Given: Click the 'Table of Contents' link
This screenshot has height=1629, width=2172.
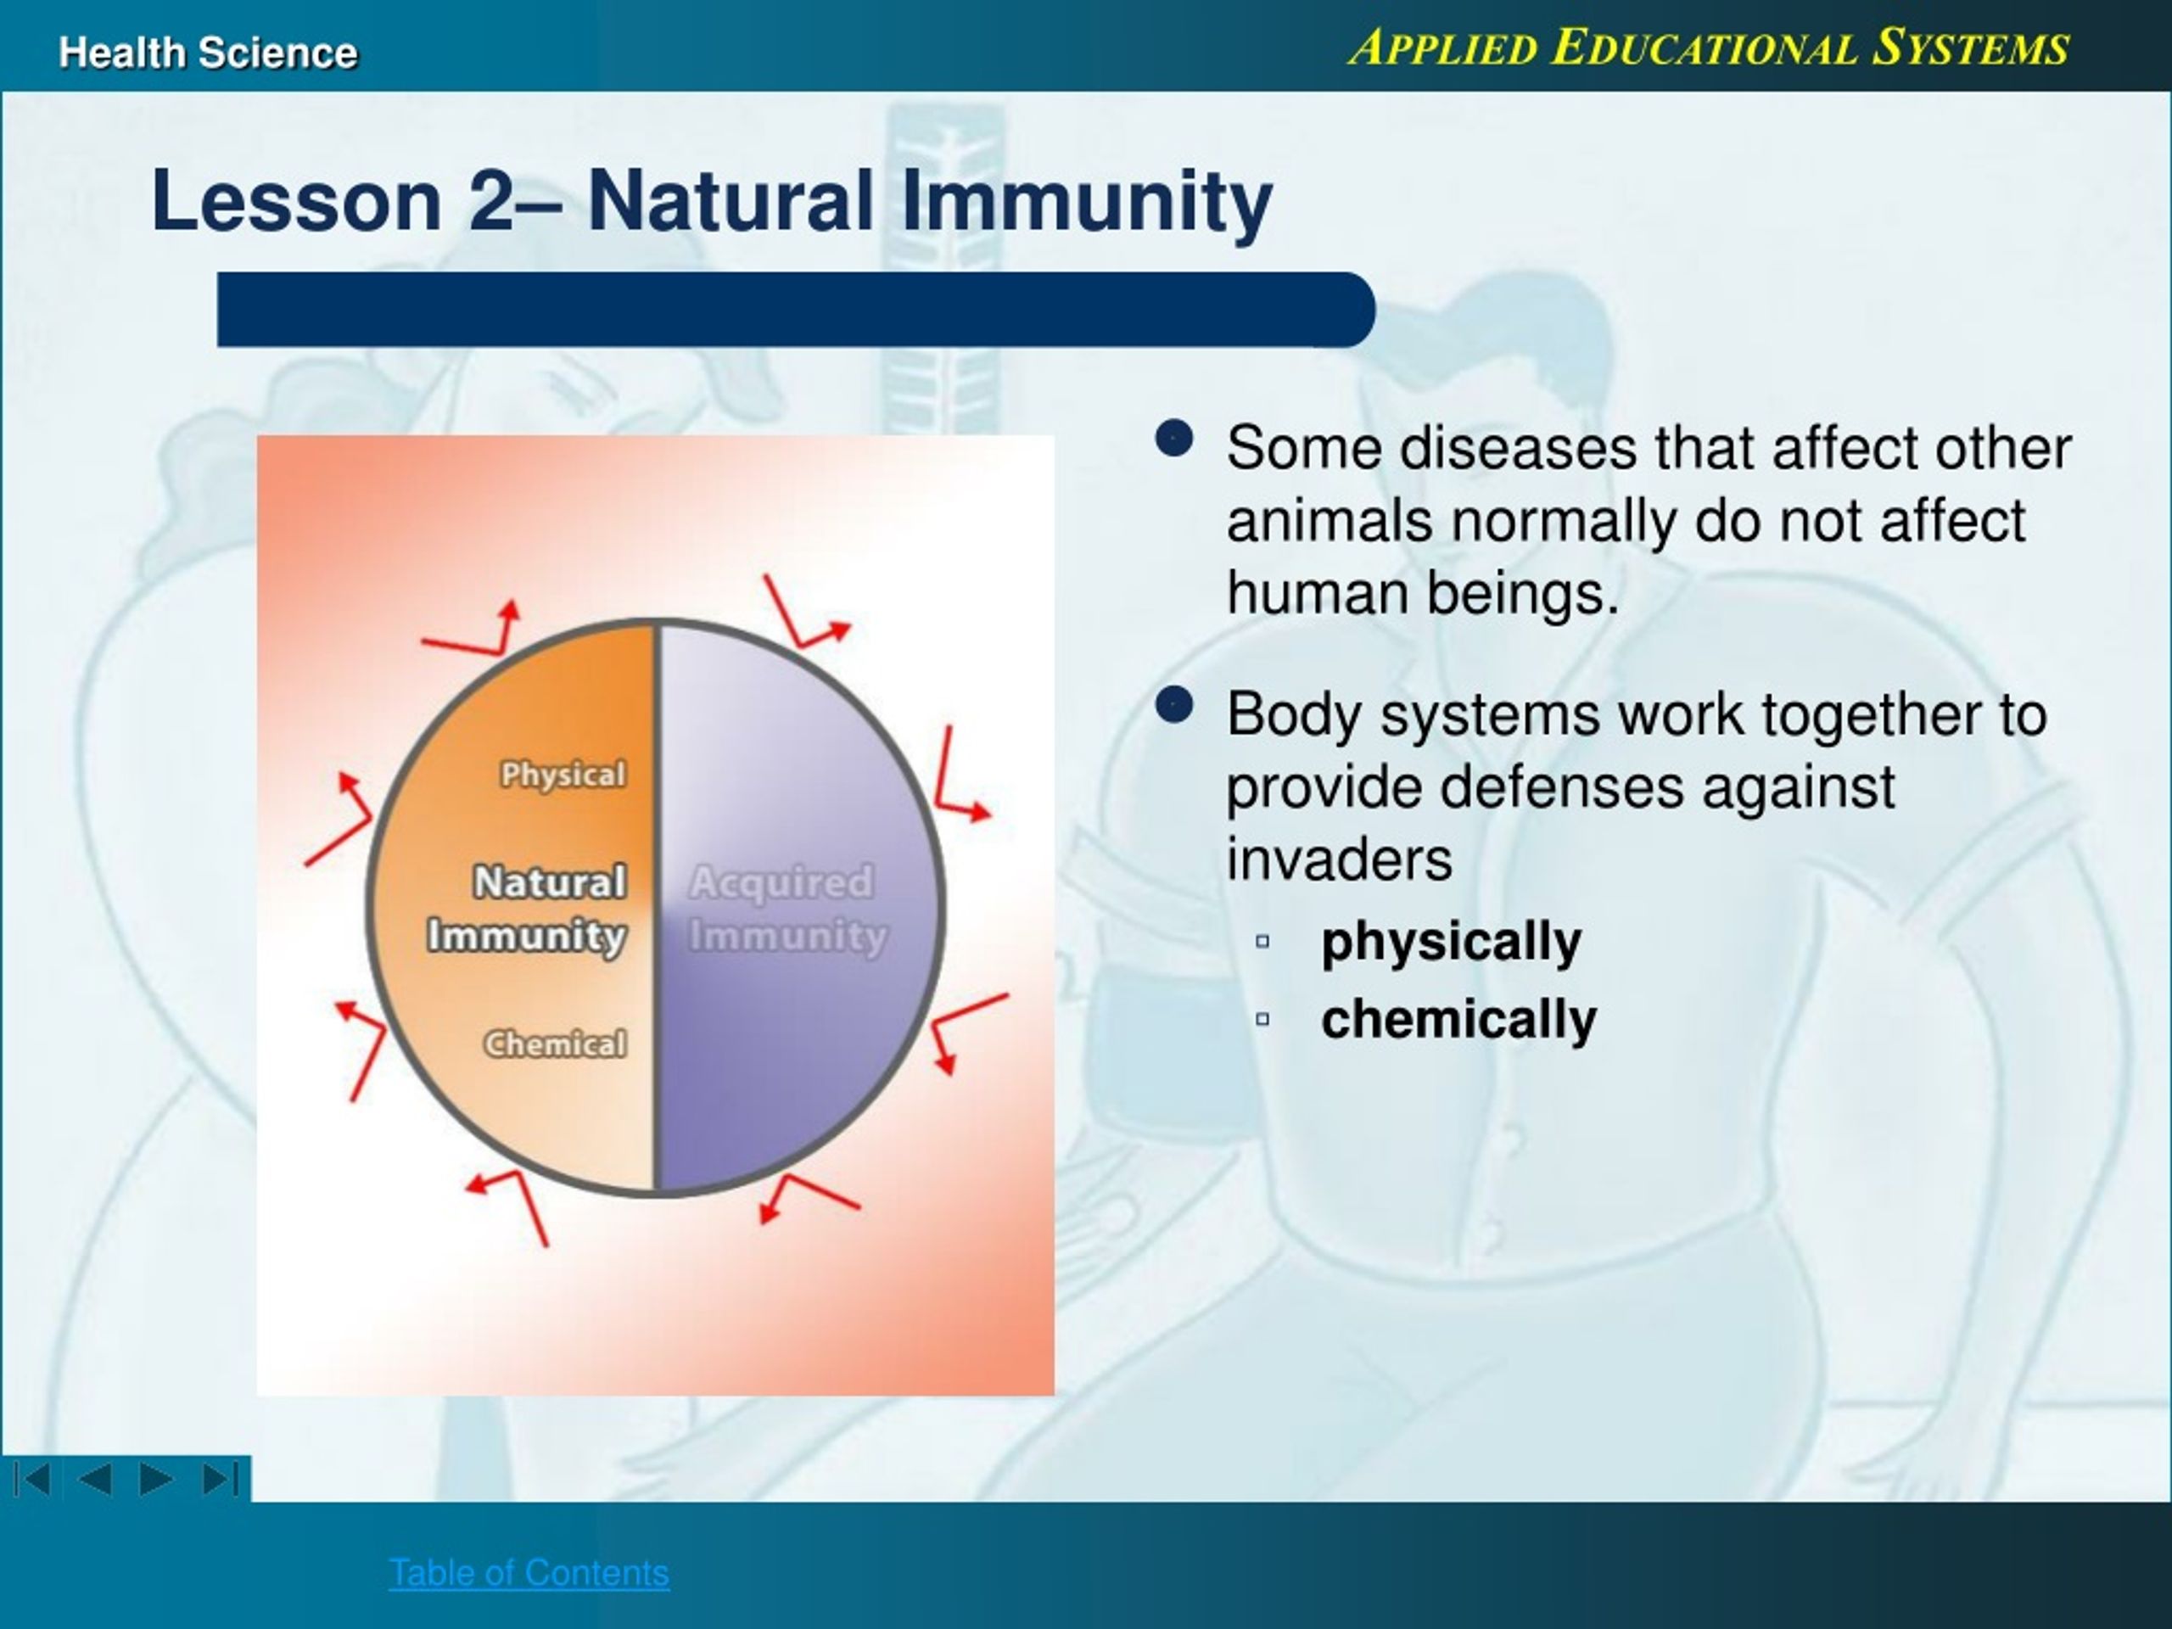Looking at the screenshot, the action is point(529,1573).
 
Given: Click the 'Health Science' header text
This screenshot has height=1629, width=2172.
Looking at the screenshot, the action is point(208,52).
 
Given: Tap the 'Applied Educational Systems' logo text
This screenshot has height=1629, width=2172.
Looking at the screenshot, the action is point(1709,48).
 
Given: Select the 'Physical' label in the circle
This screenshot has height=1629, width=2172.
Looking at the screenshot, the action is point(563,775).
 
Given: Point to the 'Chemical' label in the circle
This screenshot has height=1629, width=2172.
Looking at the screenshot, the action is point(555,1044).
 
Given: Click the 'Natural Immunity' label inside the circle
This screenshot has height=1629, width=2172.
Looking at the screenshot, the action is point(527,909).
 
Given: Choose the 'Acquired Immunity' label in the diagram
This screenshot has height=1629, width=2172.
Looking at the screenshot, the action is point(787,909).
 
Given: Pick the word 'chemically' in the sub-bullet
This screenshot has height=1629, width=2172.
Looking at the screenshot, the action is point(1458,1019).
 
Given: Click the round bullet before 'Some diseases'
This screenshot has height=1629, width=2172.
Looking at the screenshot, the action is point(1174,439).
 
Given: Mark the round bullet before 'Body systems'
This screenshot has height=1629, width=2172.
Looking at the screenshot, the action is point(1174,705).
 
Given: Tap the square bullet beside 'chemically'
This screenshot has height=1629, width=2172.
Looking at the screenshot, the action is point(1262,1019).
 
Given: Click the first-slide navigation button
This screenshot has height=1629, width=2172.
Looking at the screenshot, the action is point(32,1479).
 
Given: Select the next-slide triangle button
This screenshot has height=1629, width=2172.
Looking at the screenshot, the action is point(156,1479).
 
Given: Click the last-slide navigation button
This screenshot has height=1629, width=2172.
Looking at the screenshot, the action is point(220,1479).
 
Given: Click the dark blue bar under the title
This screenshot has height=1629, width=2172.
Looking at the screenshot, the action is point(795,310).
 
